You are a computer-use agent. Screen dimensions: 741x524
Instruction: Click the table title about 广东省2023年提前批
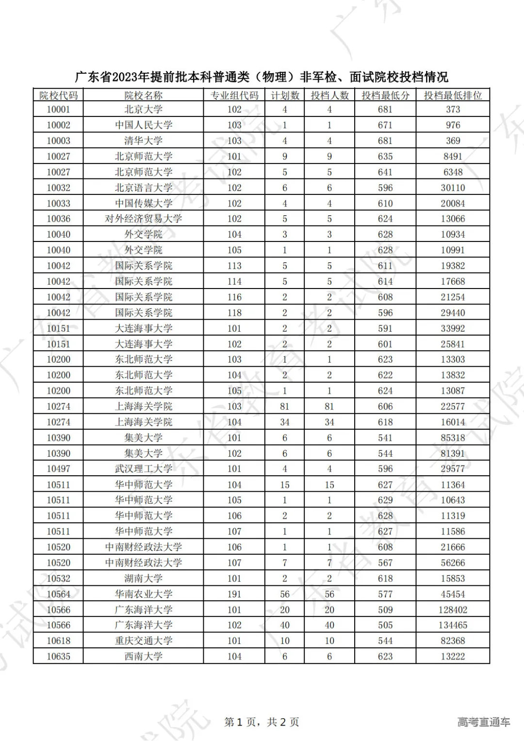tap(262, 77)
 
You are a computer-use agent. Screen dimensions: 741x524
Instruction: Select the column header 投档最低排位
tap(453, 95)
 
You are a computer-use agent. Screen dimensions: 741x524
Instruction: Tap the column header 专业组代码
tap(234, 95)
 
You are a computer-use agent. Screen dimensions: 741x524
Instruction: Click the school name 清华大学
tap(143, 141)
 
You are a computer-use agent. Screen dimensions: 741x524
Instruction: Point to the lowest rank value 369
tap(453, 141)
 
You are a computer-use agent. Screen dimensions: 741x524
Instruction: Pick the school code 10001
tap(58, 110)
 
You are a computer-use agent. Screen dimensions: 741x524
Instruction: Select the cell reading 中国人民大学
tap(143, 125)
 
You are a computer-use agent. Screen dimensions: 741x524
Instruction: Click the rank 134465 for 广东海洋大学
tap(453, 625)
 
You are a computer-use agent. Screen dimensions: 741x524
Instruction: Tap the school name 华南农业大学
tap(143, 594)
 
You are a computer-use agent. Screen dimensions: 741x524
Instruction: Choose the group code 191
tap(234, 594)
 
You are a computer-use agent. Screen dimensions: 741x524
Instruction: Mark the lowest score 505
tap(385, 625)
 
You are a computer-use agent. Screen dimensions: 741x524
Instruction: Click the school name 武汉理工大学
tap(143, 469)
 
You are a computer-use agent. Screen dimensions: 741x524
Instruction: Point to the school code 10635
tap(58, 656)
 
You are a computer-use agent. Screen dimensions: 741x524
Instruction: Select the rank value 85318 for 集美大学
tap(453, 437)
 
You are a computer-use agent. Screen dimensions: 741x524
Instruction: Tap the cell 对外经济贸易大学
tap(143, 219)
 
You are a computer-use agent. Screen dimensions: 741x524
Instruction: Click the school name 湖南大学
tap(143, 579)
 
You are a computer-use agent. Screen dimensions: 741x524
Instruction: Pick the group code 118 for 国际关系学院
tap(234, 313)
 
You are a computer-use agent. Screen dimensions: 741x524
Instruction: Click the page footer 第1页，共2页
tap(262, 722)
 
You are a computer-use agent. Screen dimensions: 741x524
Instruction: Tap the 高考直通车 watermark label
tap(483, 722)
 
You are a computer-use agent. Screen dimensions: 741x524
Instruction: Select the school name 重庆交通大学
tap(143, 641)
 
